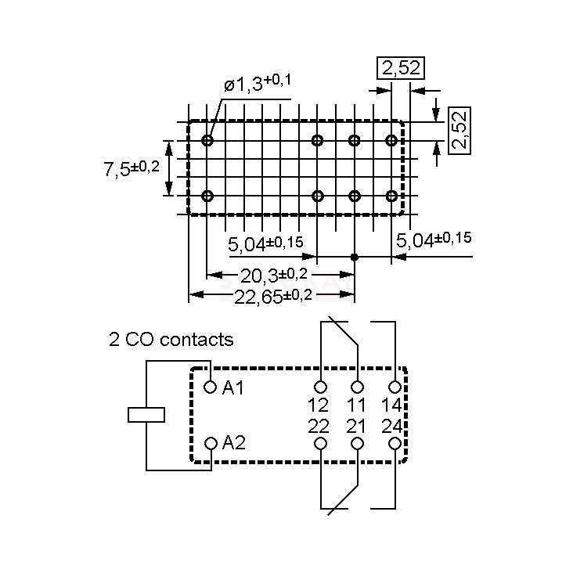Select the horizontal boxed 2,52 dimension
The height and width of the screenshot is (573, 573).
pyautogui.click(x=401, y=68)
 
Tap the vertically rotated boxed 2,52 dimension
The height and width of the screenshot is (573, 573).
pyautogui.click(x=461, y=129)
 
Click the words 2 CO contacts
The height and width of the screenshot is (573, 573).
pyautogui.click(x=171, y=340)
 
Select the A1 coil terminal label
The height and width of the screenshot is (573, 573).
pyautogui.click(x=233, y=387)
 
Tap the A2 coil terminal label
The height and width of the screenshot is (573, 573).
pyautogui.click(x=233, y=443)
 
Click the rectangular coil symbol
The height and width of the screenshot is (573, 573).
pyautogui.click(x=146, y=414)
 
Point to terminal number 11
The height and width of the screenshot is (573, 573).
pyautogui.click(x=357, y=405)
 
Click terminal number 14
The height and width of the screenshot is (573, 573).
pyautogui.click(x=393, y=405)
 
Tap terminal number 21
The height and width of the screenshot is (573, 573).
pyautogui.click(x=357, y=426)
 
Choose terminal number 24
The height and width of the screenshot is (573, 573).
pyautogui.click(x=393, y=426)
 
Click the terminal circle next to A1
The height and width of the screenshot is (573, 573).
pyautogui.click(x=210, y=387)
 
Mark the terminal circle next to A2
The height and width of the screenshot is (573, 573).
pyautogui.click(x=210, y=444)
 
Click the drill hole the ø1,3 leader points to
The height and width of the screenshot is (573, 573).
pyautogui.click(x=207, y=141)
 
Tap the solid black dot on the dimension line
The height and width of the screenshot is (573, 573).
pyautogui.click(x=355, y=257)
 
